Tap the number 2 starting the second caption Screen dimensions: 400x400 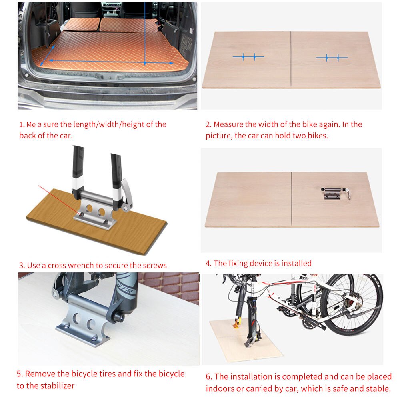coord(208,124)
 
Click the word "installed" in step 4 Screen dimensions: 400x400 coord(296,263)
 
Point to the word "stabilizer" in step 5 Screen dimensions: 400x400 coord(56,386)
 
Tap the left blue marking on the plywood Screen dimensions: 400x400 coord(248,57)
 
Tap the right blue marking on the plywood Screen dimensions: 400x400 coord(332,58)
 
